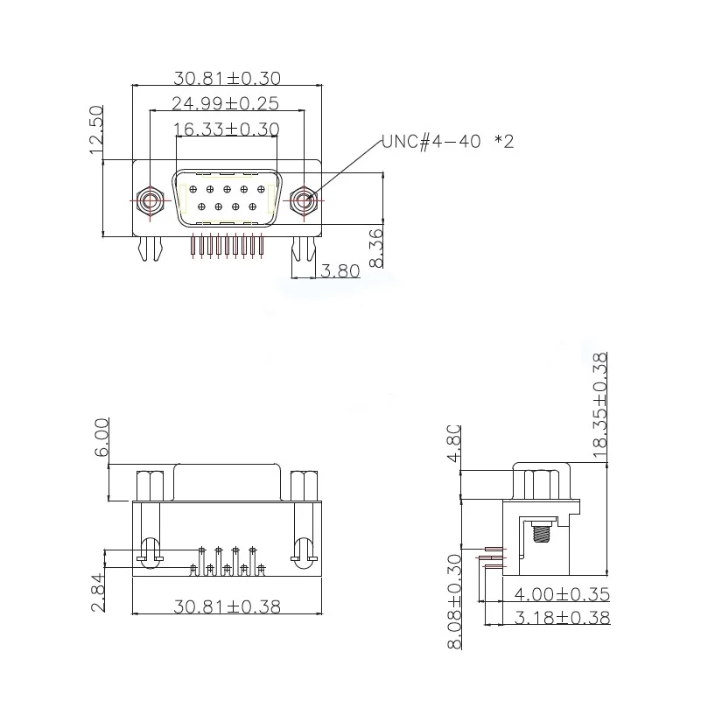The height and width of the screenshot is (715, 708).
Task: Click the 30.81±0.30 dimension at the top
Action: (226, 77)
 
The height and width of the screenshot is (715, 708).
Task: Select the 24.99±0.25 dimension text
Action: (225, 103)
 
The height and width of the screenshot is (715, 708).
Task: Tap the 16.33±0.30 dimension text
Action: (226, 130)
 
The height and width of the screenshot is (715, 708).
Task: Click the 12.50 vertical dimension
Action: (96, 130)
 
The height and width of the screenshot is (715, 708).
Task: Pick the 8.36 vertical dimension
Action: (376, 249)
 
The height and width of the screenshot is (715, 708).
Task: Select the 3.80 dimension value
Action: (340, 271)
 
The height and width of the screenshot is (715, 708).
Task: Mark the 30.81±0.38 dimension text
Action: (227, 606)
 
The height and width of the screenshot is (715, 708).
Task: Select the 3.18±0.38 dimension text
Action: (562, 618)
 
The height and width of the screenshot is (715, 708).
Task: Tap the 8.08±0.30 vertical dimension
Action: (454, 601)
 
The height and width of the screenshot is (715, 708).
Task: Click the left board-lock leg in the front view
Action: (150, 249)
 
